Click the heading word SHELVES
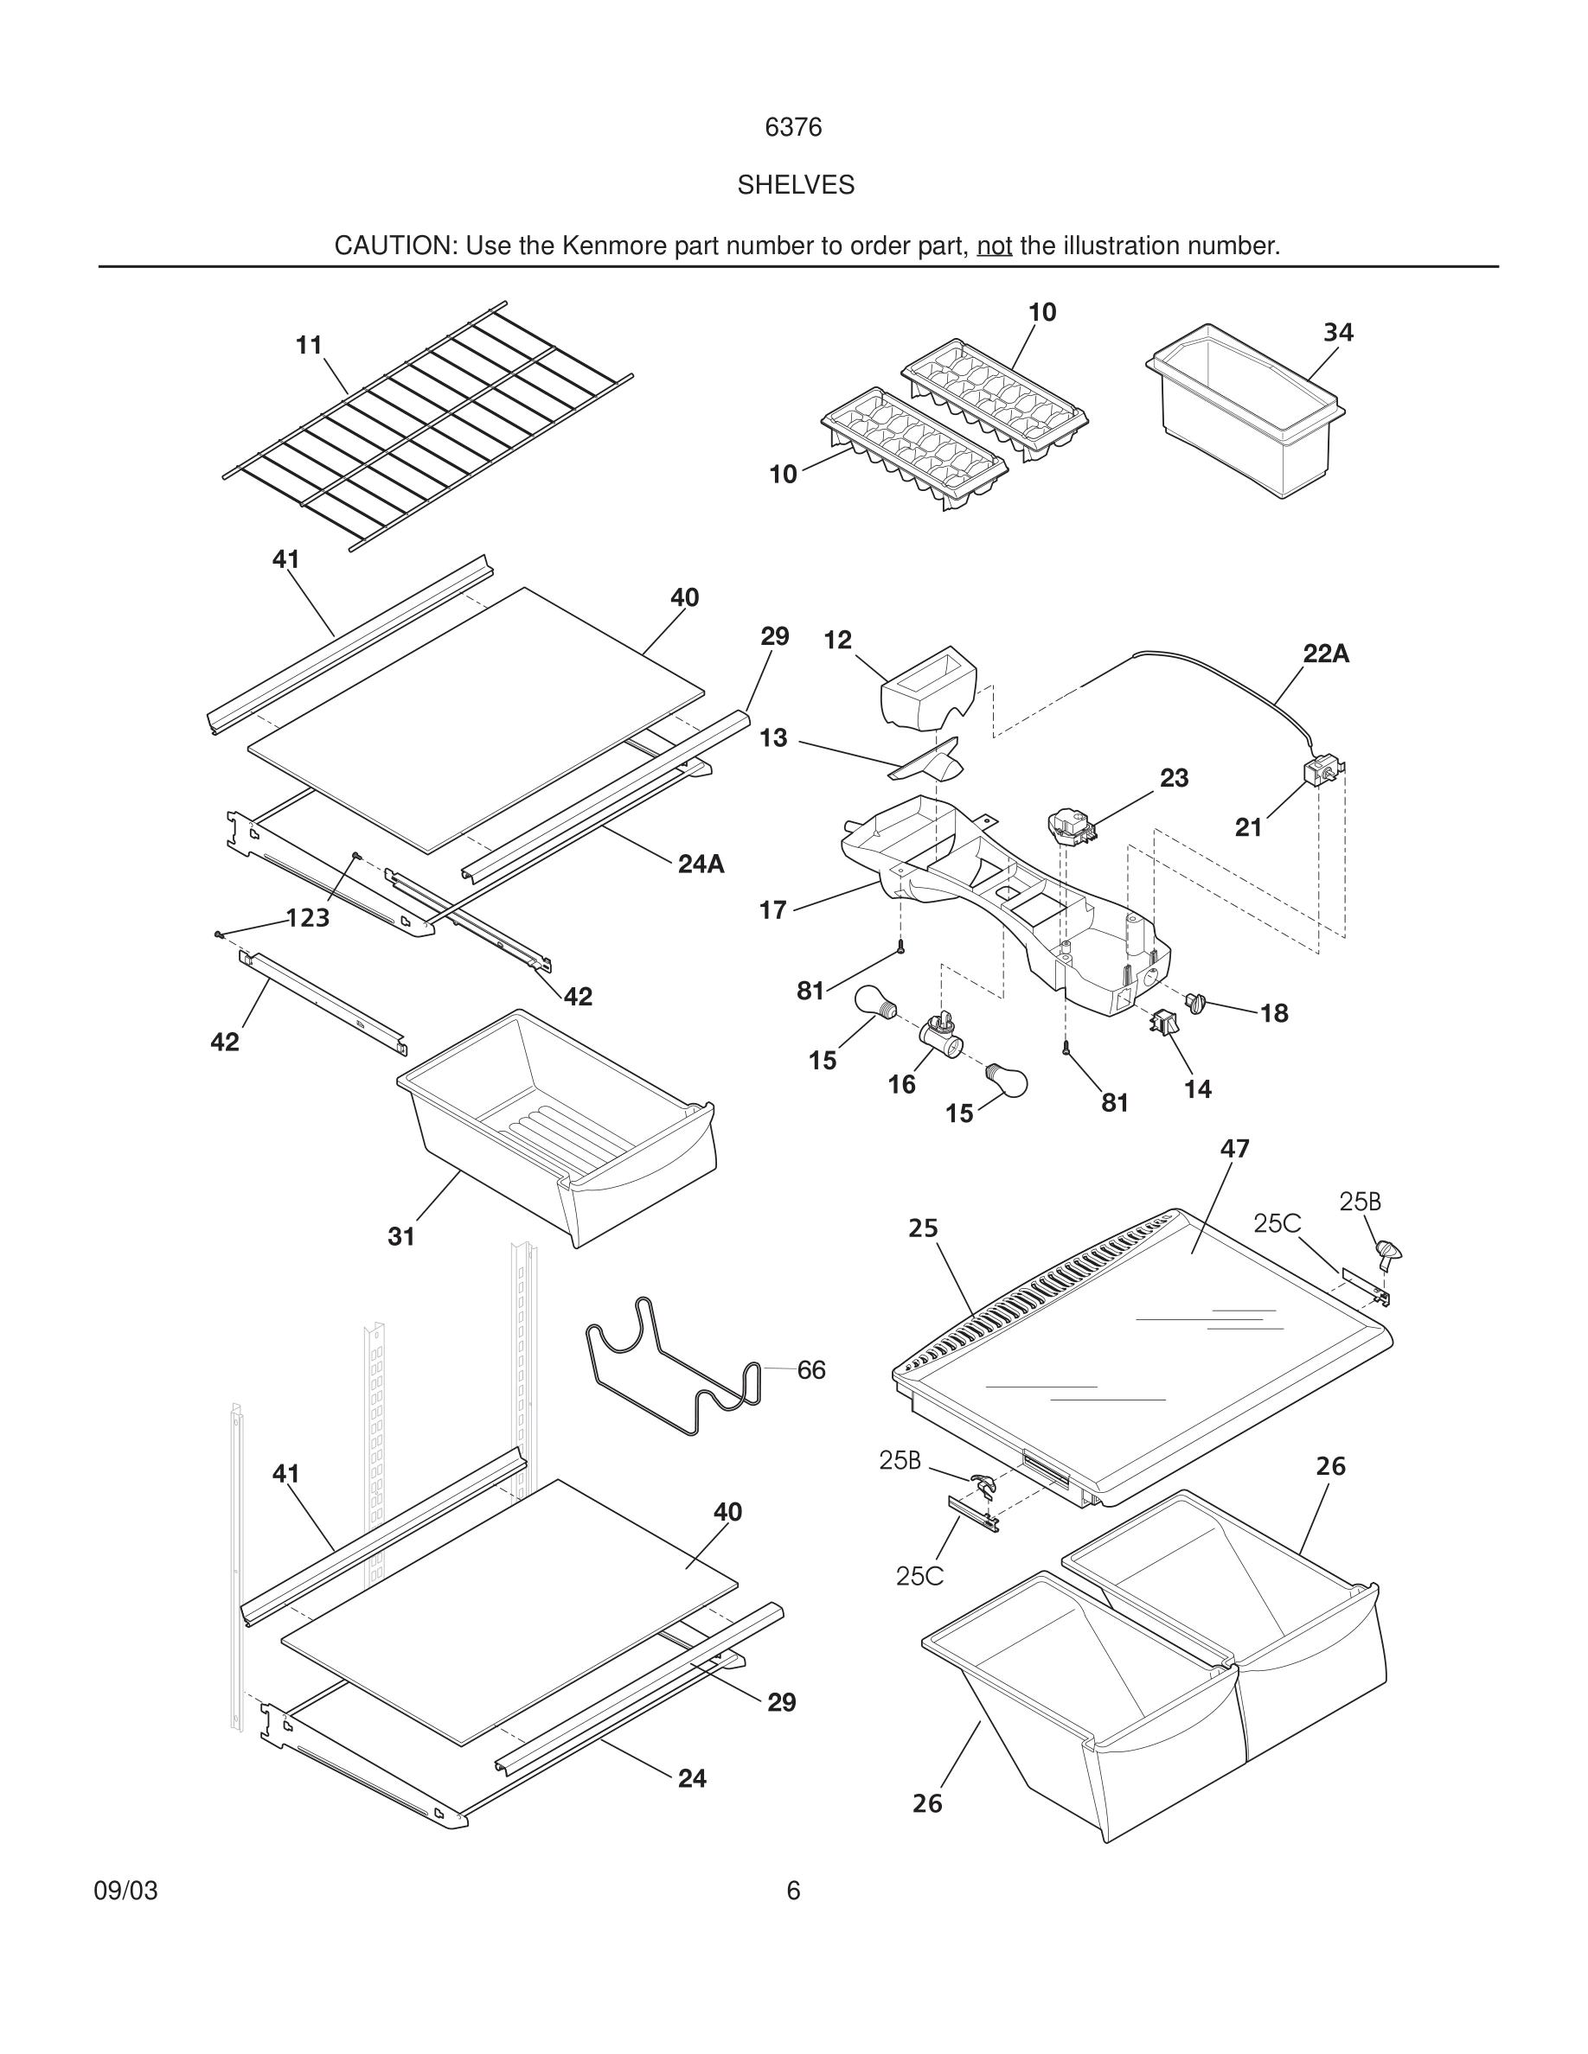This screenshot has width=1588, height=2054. tap(795, 185)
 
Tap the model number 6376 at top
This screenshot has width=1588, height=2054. tap(793, 127)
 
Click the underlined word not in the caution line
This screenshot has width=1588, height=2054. tap(994, 246)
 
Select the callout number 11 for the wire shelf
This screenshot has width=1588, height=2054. tap(309, 345)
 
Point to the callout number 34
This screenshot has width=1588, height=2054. tap(1338, 332)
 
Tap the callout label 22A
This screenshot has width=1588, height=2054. tap(1326, 654)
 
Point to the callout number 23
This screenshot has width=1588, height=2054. tap(1173, 778)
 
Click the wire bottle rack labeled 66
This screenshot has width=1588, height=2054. tap(673, 1372)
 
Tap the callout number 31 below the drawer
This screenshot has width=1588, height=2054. tap(401, 1237)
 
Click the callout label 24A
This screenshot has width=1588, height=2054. tap(701, 864)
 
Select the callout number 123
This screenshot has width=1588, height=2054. tap(308, 918)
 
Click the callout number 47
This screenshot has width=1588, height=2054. tap(1234, 1148)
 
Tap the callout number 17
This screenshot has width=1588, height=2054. tap(772, 909)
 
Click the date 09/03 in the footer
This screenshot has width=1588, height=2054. tap(126, 1891)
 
